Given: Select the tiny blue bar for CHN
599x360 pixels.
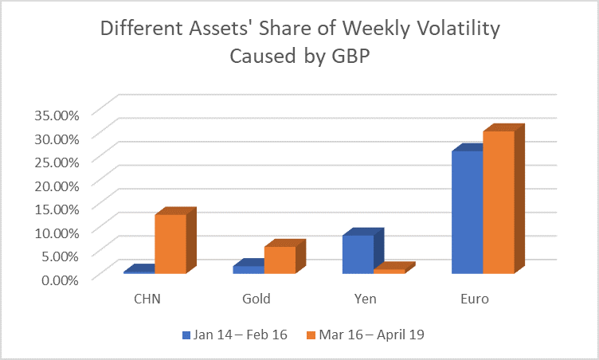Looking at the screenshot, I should click(139, 272).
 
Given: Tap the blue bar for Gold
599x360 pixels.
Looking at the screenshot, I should click(249, 269).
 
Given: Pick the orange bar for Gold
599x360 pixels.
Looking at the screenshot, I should click(280, 260).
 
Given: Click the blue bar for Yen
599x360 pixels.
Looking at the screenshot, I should click(358, 254).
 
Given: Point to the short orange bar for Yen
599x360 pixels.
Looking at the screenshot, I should click(389, 271).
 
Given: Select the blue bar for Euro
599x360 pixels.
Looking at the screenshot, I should click(467, 212).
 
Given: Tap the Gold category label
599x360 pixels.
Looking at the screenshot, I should click(256, 299).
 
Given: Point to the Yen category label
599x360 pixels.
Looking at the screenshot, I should click(363, 299).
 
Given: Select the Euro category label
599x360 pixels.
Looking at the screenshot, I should click(474, 299).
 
